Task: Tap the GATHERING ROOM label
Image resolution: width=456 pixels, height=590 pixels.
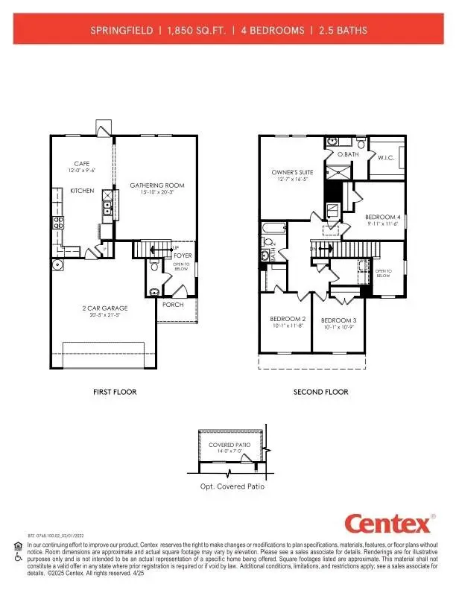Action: [x=157, y=185]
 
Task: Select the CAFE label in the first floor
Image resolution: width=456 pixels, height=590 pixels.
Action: [x=82, y=164]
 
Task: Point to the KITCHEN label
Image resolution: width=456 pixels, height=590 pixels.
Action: [x=82, y=191]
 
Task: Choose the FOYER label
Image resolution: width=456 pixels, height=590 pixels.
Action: [x=183, y=256]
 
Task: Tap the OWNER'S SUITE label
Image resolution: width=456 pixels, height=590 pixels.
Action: [x=291, y=172]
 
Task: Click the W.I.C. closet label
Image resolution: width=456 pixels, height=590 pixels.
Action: [x=386, y=158]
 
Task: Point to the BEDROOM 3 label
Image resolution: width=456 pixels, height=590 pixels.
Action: [x=336, y=320]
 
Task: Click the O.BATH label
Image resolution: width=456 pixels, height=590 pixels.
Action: [x=348, y=154]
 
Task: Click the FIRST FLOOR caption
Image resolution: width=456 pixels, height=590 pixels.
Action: [x=115, y=392]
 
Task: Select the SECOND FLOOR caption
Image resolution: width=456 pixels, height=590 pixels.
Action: [x=320, y=392]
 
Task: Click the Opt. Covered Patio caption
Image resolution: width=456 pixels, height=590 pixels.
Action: [x=232, y=486]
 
